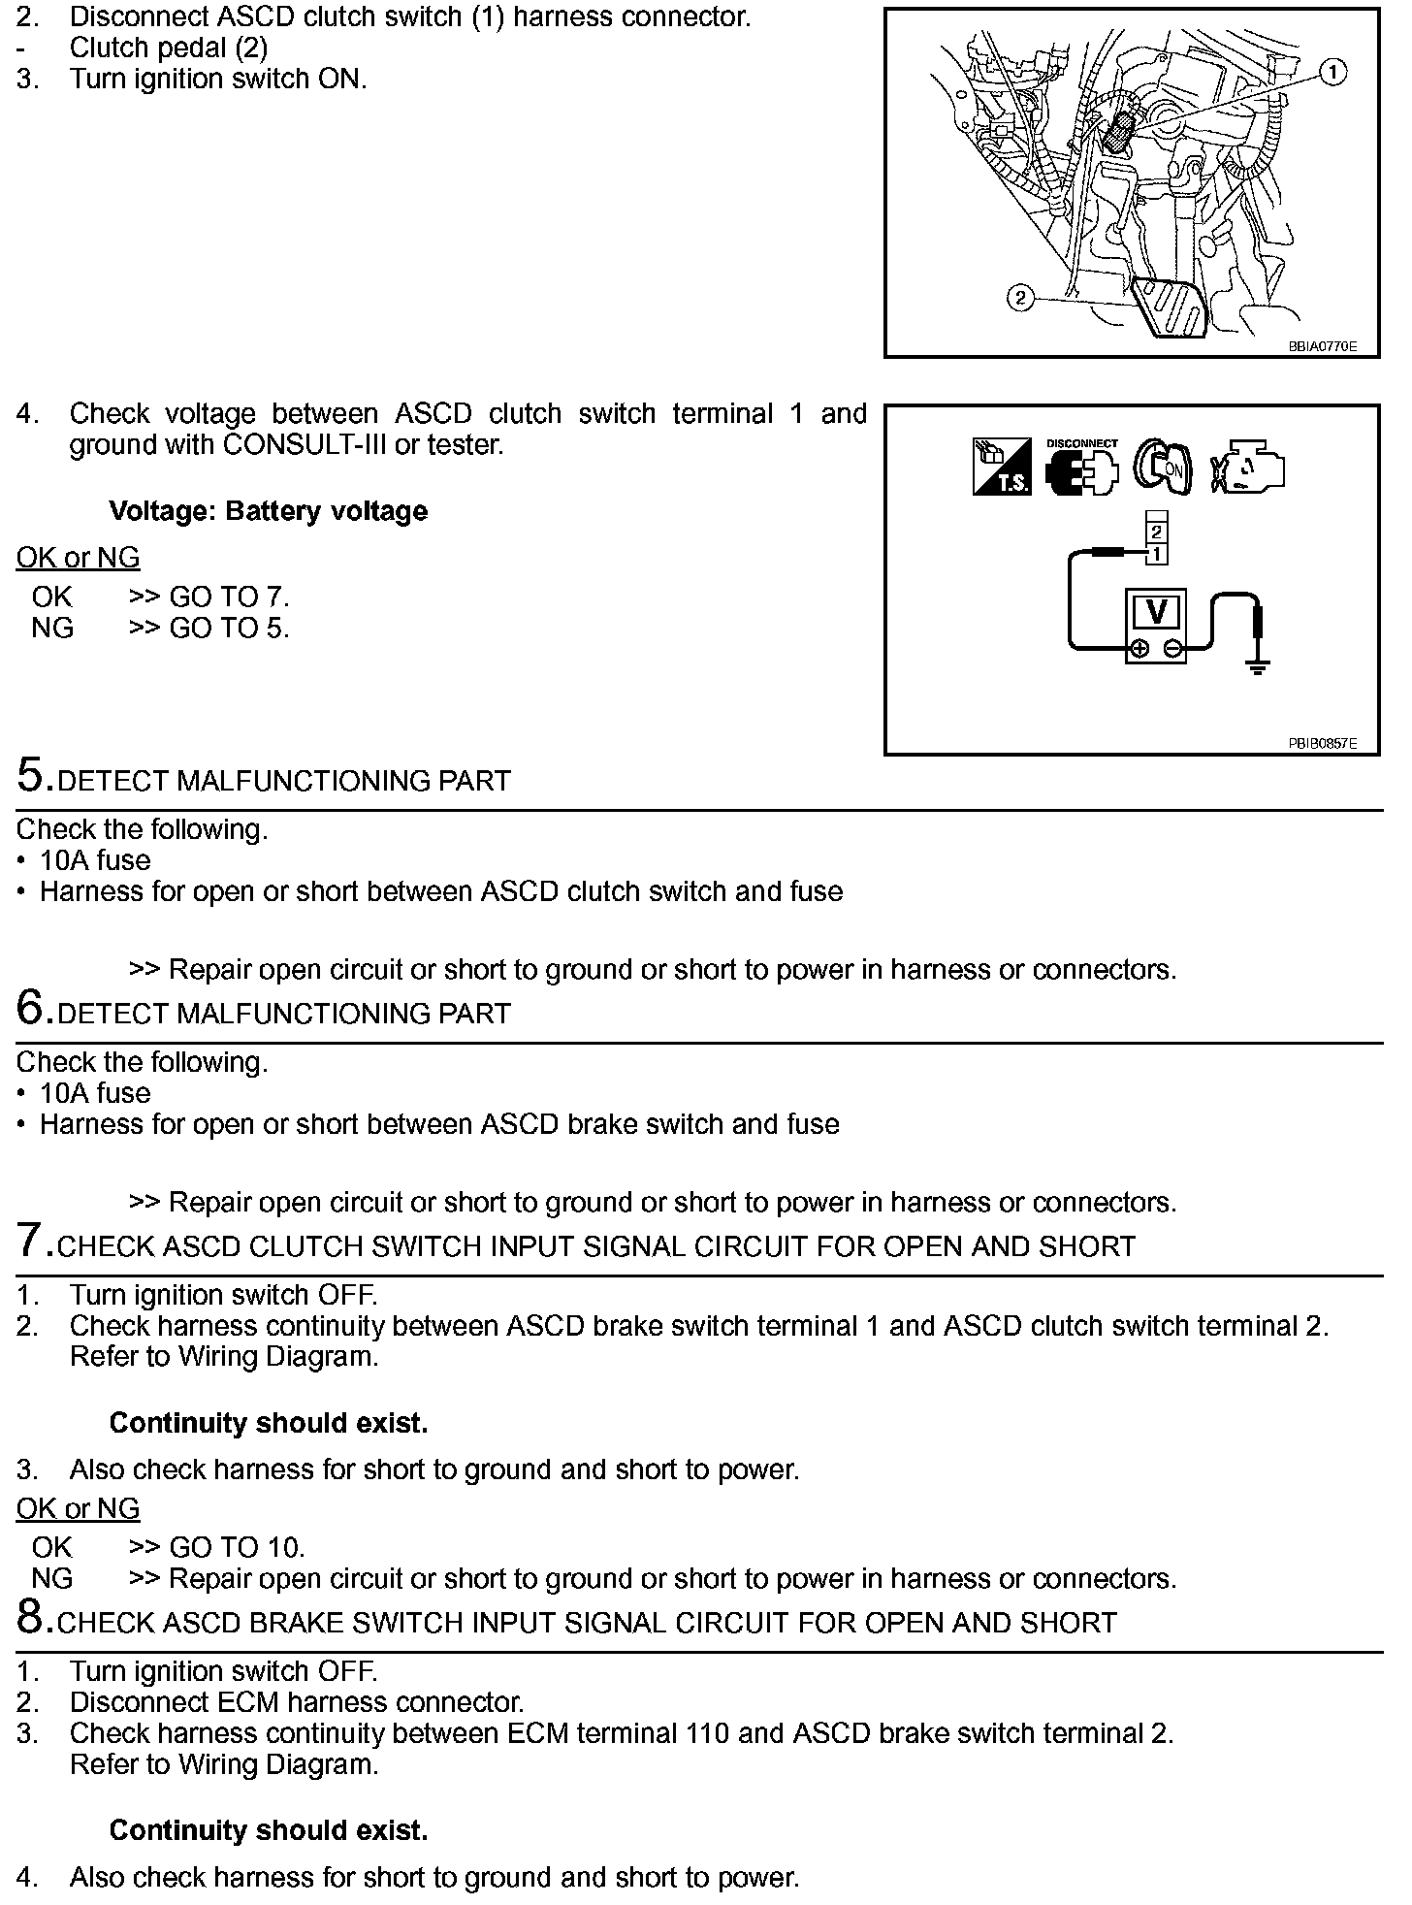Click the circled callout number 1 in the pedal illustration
1334,72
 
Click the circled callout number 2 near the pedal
1019,298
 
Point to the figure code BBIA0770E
1322,346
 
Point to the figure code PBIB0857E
1322,744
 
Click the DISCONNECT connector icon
1081,468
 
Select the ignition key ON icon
1163,468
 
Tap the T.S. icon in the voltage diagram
1002,468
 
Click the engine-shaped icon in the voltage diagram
1248,468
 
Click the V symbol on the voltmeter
1156,612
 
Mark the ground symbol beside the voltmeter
1257,666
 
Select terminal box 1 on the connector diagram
1156,554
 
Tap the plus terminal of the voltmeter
1140,649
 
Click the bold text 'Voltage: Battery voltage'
268,511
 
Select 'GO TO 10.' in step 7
237,1547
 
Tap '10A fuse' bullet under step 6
95,1093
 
